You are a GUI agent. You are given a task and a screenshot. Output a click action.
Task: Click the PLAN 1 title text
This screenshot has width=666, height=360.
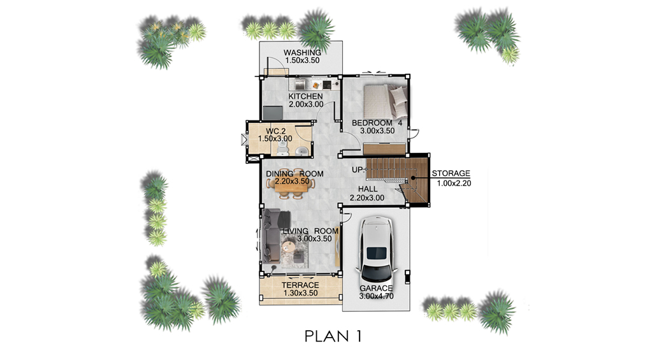point(333,336)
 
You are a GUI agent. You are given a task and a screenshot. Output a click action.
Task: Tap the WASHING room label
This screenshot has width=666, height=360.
point(303,53)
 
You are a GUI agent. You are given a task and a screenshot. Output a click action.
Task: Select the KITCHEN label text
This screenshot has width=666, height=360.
point(306,96)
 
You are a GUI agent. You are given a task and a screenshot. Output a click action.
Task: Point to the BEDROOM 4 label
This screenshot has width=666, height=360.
point(377,123)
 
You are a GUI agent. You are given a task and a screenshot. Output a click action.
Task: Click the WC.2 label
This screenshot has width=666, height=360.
point(276,131)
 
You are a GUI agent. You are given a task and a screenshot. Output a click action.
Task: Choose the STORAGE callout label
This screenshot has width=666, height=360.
point(451,173)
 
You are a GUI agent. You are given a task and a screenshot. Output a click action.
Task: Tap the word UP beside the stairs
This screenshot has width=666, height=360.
point(357,170)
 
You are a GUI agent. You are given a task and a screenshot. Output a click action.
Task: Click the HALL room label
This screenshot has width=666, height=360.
point(368,189)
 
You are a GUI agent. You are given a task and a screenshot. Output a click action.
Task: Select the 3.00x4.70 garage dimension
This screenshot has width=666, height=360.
point(376,296)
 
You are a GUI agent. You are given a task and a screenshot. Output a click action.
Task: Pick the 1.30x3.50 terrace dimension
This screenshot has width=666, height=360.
point(300,293)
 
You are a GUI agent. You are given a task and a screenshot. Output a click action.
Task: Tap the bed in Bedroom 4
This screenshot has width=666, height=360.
point(385,101)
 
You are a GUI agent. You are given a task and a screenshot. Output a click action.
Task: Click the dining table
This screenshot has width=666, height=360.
point(291,184)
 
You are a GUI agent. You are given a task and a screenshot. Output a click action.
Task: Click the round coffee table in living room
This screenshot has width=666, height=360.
point(289,246)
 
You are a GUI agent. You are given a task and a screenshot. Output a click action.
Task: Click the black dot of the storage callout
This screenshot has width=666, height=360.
point(413,179)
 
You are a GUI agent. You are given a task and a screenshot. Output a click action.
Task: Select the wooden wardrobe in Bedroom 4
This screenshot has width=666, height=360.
point(384,149)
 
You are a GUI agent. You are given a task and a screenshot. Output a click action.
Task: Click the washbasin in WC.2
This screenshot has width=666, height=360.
point(302,151)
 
